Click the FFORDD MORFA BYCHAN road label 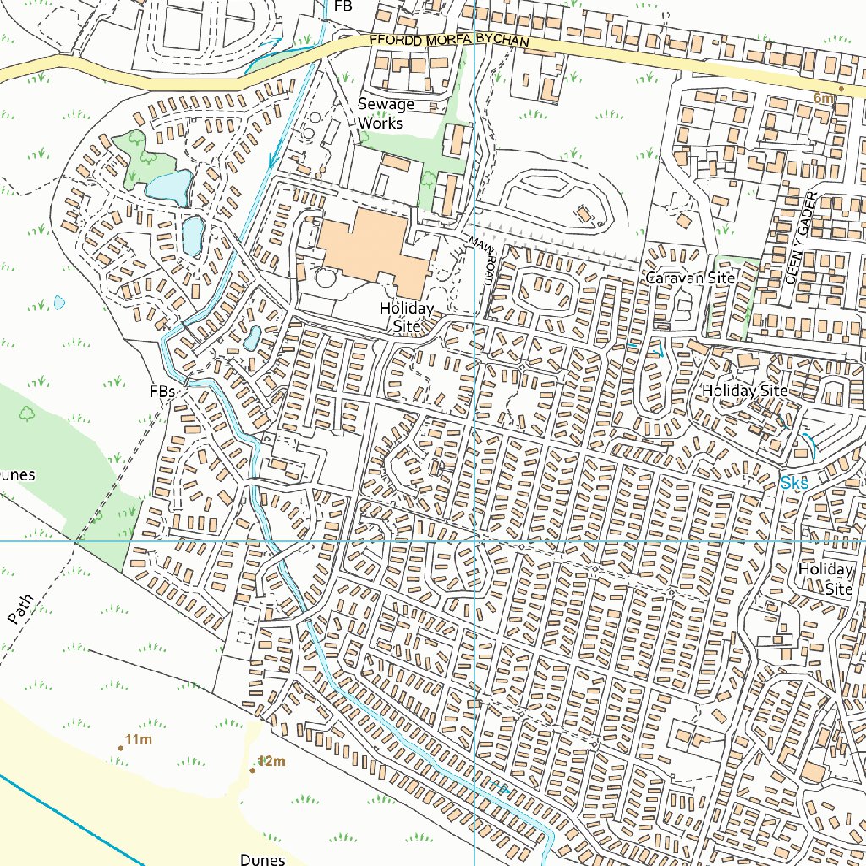tap(449, 41)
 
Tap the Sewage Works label tap(386, 113)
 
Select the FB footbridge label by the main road tap(343, 6)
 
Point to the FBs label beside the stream tap(162, 392)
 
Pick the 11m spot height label tap(138, 741)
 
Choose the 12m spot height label tap(271, 761)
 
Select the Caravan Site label tap(690, 277)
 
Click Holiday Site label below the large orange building tap(406, 316)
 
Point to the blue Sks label tap(795, 483)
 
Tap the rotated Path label tap(22, 609)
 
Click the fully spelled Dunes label tap(262, 859)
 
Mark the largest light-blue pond tap(169, 186)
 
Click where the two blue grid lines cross tap(474, 540)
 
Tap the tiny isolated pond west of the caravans tap(59, 301)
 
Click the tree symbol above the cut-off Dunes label tap(27, 413)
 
